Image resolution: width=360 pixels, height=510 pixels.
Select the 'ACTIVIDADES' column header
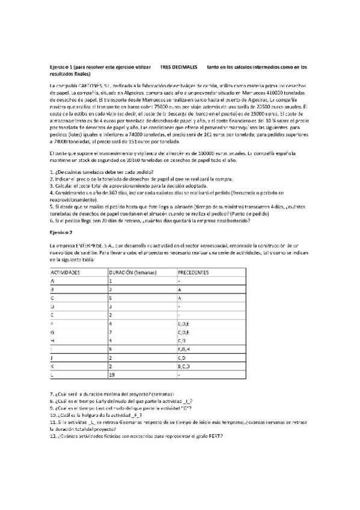(66, 272)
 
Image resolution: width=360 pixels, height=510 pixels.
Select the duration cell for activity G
(111, 331)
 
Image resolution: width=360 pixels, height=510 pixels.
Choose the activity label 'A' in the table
(53, 281)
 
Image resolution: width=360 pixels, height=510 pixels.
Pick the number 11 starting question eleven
(52, 422)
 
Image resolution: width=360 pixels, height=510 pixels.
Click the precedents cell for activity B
(180, 289)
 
